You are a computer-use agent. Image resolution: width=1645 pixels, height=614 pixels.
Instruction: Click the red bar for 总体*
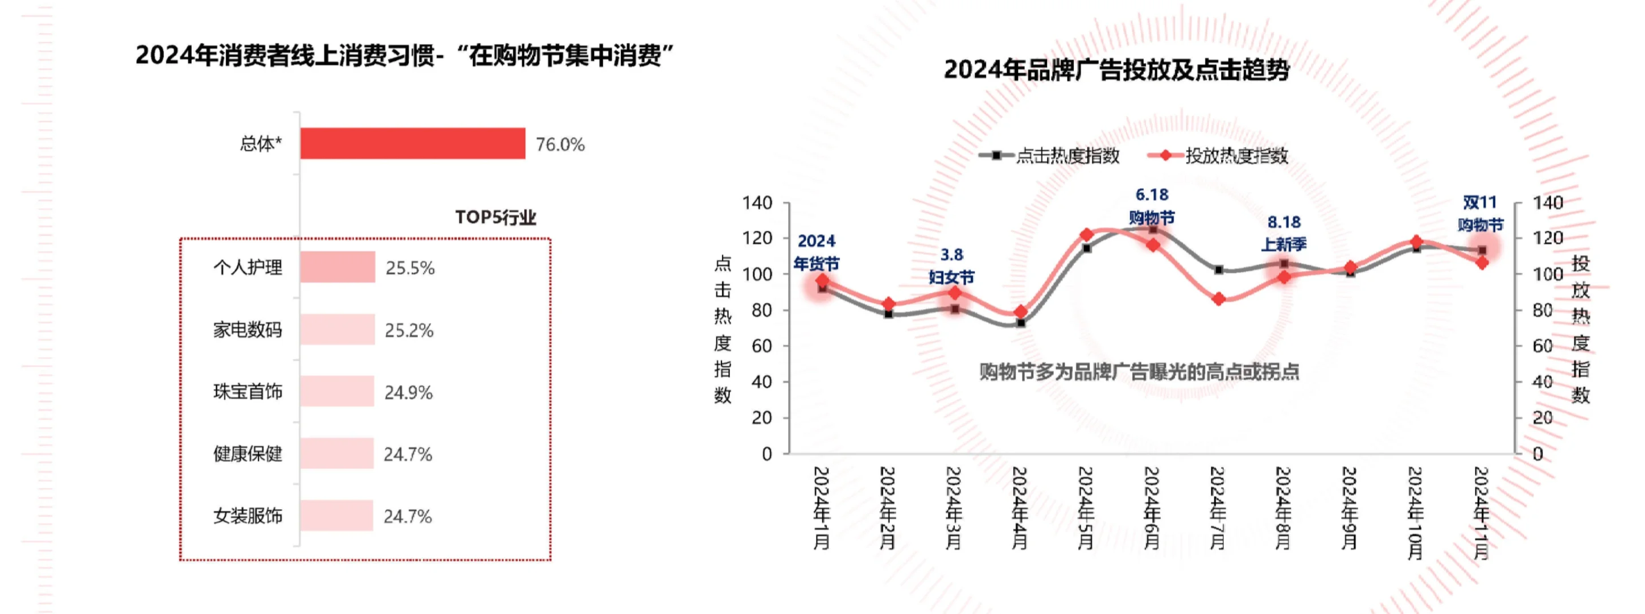point(413,144)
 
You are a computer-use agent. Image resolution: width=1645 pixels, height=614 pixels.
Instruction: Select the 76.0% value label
point(560,145)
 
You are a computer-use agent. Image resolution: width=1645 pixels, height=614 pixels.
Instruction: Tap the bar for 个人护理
point(337,267)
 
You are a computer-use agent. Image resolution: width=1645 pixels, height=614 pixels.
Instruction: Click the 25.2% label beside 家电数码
point(409,331)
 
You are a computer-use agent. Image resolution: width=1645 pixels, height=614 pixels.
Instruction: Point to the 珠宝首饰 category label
point(248,392)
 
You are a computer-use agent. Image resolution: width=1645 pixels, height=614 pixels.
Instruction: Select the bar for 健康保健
point(336,454)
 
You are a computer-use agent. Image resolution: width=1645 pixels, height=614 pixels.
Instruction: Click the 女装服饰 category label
point(248,516)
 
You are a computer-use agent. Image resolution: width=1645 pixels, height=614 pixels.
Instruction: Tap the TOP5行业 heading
point(496,218)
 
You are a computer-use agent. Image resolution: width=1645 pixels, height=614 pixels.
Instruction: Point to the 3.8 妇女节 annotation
point(951,266)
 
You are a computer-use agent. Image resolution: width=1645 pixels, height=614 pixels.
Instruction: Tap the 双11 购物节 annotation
point(1480,214)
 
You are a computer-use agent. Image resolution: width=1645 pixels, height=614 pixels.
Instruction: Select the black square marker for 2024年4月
point(1020,323)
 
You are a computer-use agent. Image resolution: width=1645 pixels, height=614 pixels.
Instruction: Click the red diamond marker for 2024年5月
point(1087,235)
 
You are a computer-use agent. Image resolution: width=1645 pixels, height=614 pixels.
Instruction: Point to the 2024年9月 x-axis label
point(1349,508)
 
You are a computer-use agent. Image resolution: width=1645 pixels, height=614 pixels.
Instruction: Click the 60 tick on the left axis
point(762,346)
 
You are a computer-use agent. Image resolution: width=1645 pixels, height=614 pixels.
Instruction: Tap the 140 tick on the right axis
point(1547,203)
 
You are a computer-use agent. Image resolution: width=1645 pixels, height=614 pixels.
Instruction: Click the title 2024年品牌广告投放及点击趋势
point(1116,69)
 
